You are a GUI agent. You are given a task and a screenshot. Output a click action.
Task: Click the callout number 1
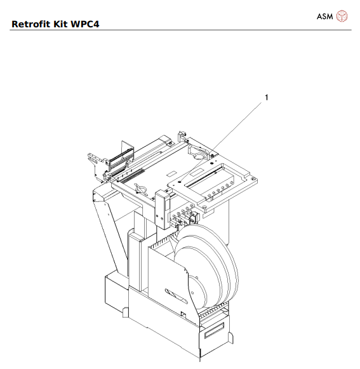pyautogui.click(x=267, y=97)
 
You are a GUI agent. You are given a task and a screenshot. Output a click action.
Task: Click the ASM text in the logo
pyautogui.click(x=324, y=15)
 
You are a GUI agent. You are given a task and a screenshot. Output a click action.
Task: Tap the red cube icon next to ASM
pyautogui.click(x=342, y=16)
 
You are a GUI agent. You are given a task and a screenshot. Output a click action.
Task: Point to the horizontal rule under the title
pyautogui.click(x=180, y=30)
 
